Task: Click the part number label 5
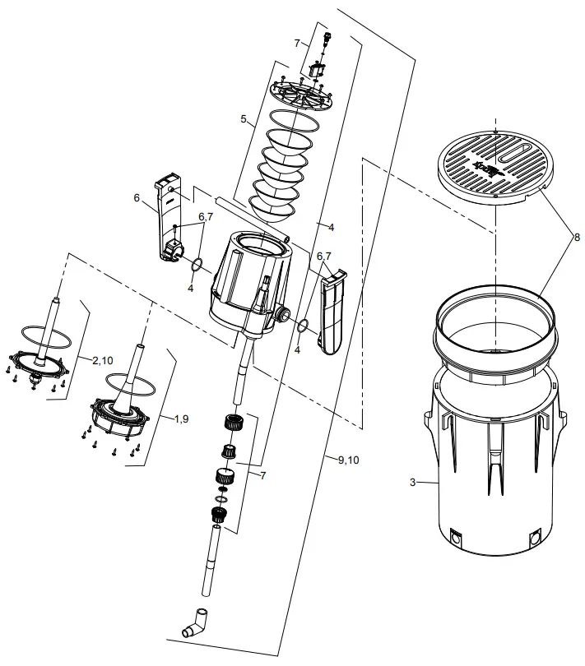244,119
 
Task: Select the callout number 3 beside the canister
412,483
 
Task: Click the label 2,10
103,360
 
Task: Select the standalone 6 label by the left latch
137,198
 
